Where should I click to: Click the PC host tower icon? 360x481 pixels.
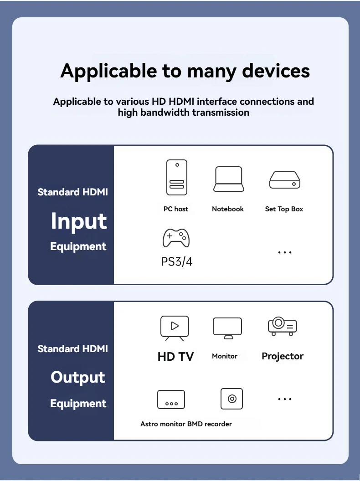point(176,178)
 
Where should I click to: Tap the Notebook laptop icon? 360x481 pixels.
point(228,179)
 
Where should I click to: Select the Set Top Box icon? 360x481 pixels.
point(285,180)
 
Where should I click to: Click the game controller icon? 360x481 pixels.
point(176,237)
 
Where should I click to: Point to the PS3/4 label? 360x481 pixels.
point(177,262)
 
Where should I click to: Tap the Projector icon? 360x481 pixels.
point(283,326)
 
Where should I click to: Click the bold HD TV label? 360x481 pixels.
point(176,357)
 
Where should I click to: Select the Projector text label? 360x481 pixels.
point(283,356)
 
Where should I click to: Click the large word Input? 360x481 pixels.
point(79,221)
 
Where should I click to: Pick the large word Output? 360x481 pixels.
point(78,377)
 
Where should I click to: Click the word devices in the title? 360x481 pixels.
point(276,71)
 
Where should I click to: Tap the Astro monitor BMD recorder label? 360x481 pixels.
point(186,424)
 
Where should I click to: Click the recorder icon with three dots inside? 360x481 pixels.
point(171,399)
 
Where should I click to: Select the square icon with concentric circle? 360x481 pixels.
point(232,399)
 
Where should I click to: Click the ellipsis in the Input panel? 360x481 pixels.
point(285,252)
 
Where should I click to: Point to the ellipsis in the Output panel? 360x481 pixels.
point(285,399)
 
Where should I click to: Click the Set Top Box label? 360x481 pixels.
point(284,209)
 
